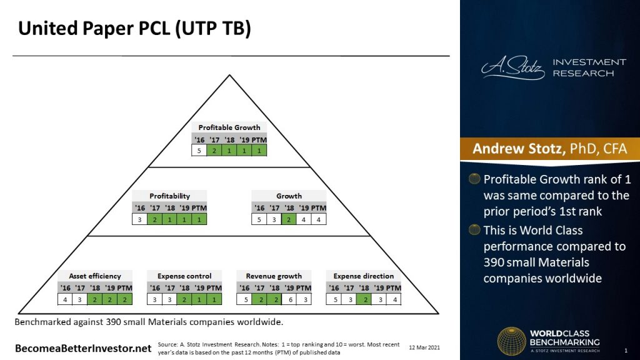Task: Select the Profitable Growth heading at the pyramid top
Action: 229,127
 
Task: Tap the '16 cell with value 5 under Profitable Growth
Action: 199,151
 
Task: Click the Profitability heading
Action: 169,196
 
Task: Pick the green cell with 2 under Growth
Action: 289,219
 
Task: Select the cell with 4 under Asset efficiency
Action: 65,299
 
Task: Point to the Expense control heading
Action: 184,276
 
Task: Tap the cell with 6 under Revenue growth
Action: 289,299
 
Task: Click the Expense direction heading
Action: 363,276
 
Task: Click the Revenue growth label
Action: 274,276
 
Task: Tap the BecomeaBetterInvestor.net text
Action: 82,347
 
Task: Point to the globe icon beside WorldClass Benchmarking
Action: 511,342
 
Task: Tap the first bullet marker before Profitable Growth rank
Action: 475,179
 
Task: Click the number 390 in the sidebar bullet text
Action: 496,262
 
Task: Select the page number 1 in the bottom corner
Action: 626,350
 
